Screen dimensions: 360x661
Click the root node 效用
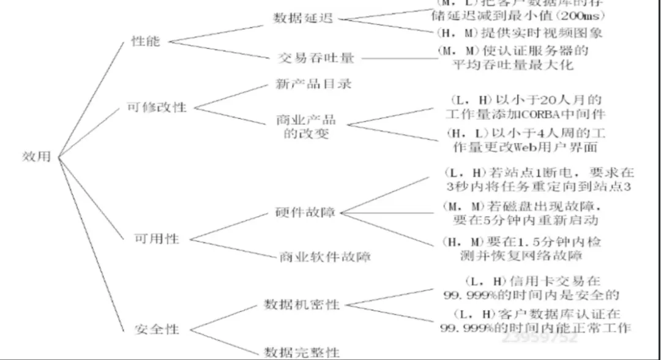pyautogui.click(x=36, y=156)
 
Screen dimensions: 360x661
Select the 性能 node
pyautogui.click(x=146, y=42)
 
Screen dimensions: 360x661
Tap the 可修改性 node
pyautogui.click(x=157, y=107)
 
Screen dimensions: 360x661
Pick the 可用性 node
pyautogui.click(x=157, y=238)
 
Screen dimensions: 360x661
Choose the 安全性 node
pyautogui.click(x=157, y=329)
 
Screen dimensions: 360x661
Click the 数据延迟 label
pyautogui.click(x=302, y=18)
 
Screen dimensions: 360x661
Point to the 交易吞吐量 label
pyautogui.click(x=316, y=58)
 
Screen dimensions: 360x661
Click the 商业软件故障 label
pyautogui.click(x=325, y=256)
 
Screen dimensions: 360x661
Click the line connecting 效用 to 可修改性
pyautogui.click(x=92, y=132)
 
